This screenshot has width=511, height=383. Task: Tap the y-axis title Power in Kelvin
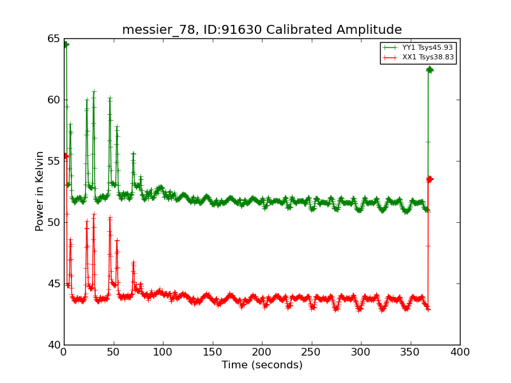(40, 191)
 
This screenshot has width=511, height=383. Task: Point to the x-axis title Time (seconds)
(262, 365)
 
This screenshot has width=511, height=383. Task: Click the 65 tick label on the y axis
(52, 38)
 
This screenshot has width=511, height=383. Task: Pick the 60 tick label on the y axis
(52, 100)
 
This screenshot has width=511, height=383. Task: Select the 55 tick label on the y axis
(52, 161)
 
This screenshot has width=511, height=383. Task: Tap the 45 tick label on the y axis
(52, 283)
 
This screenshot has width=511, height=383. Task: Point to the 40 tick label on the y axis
(52, 345)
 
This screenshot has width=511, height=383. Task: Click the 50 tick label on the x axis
(113, 352)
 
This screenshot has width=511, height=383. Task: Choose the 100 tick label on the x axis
(163, 352)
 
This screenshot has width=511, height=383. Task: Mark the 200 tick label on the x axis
(262, 352)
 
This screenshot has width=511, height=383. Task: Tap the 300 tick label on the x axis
(361, 352)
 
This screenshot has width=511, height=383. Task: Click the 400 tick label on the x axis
(460, 352)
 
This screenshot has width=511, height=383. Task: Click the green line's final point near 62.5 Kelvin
(429, 69)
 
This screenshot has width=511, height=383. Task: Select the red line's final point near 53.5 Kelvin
(429, 179)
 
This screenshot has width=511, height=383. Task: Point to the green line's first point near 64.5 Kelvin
(65, 45)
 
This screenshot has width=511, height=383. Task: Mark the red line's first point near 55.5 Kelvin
(65, 155)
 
